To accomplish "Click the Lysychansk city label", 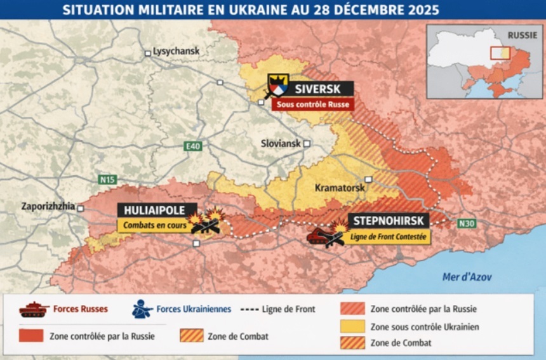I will (x=176, y=51).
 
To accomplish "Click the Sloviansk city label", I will (x=281, y=144).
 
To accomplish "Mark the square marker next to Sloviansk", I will (x=307, y=143).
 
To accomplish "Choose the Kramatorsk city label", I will (x=340, y=189).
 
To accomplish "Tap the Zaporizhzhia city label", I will (x=48, y=206).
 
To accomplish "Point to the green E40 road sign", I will (x=193, y=147).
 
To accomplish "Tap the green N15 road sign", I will (x=107, y=180).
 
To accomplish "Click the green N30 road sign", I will (x=467, y=223).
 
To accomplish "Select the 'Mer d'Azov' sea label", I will (x=467, y=277).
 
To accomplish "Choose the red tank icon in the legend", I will (x=34, y=309).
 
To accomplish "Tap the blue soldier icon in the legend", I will (x=141, y=309).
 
